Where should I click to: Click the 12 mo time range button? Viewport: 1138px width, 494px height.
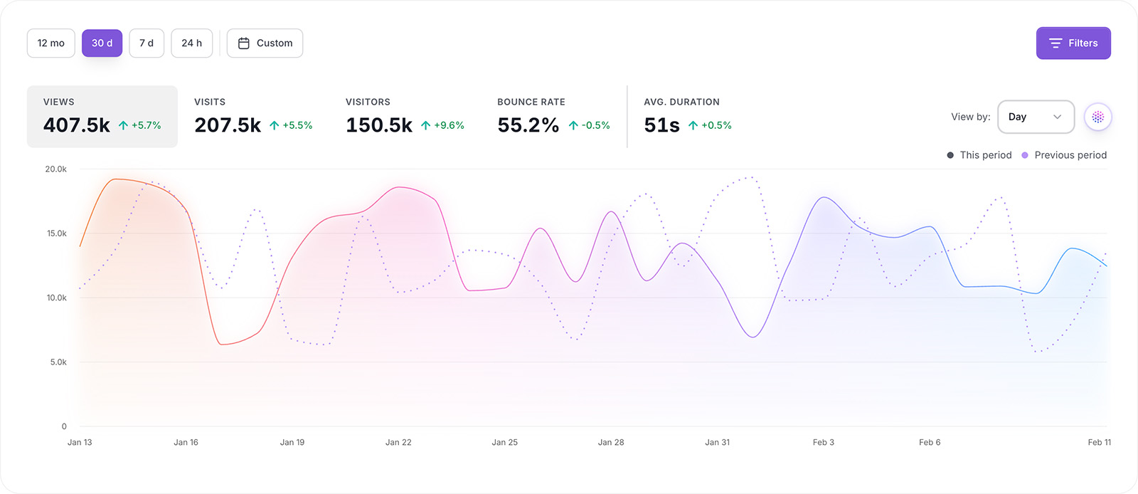click(50, 43)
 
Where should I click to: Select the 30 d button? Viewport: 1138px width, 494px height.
click(102, 43)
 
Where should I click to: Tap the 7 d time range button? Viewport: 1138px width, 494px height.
click(147, 43)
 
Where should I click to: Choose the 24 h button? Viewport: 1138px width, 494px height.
click(191, 43)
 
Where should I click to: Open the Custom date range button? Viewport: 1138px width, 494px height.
click(265, 43)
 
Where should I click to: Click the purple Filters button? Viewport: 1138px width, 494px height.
click(1073, 43)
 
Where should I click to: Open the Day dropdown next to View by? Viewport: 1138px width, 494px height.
click(1035, 117)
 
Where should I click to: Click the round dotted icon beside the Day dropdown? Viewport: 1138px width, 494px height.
click(1097, 117)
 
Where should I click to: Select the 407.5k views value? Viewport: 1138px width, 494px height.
click(77, 125)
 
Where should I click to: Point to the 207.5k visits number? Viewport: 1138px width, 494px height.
click(228, 125)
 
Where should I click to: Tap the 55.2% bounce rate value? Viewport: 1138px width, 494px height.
click(528, 125)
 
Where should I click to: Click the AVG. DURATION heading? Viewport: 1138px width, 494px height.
click(681, 102)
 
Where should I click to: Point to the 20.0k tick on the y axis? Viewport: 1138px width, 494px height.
click(55, 169)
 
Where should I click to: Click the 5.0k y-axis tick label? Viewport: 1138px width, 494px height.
click(58, 362)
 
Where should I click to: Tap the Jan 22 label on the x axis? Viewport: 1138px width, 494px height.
click(398, 442)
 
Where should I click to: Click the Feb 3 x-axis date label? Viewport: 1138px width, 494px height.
click(823, 442)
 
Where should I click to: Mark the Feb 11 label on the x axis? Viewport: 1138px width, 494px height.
click(1099, 442)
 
